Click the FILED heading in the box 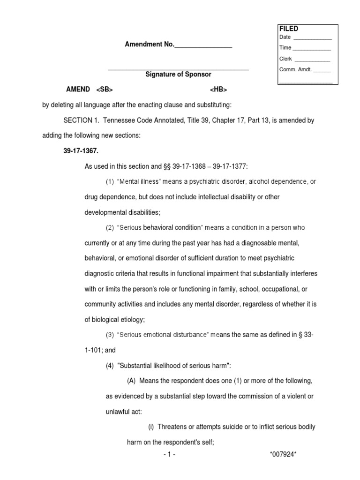pyautogui.click(x=288, y=29)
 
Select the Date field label pyautogui.click(x=285, y=37)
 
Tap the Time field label pyautogui.click(x=285, y=48)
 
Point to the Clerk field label pyautogui.click(x=285, y=59)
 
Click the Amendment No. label pyautogui.click(x=149, y=45)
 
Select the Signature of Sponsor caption pyautogui.click(x=178, y=75)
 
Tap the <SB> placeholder pyautogui.click(x=105, y=90)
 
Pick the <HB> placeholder pyautogui.click(x=218, y=90)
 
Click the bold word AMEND pyautogui.click(x=78, y=90)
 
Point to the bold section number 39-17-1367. pyautogui.click(x=81, y=151)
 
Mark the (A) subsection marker pyautogui.click(x=132, y=380)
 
